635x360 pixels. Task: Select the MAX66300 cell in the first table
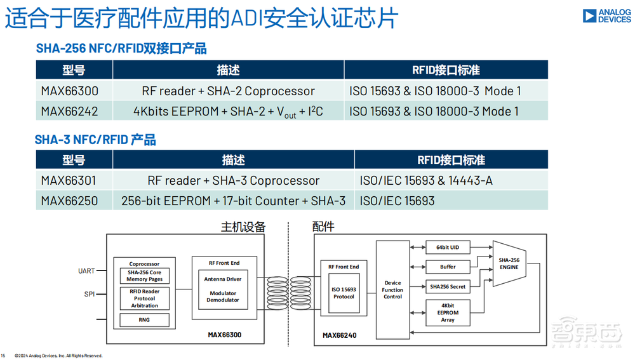tap(70, 91)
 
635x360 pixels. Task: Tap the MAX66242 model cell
tap(70, 111)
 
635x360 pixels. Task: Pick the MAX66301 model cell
tap(70, 180)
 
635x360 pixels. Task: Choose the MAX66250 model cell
tap(70, 201)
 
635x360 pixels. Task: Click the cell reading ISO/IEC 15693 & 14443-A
tap(426, 180)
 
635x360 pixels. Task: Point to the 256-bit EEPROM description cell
tap(233, 201)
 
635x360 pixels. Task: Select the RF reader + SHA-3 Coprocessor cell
tap(233, 180)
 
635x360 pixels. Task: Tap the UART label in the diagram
tap(86, 271)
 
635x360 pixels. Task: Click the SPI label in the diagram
tap(89, 295)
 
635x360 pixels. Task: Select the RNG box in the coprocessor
tap(144, 320)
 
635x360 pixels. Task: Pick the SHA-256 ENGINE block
tap(509, 263)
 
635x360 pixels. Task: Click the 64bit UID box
tap(448, 246)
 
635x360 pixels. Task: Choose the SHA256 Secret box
tap(448, 286)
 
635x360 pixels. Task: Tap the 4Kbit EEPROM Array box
tap(448, 312)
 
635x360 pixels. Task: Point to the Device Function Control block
tap(392, 290)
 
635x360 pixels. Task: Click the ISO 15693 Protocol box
tap(344, 293)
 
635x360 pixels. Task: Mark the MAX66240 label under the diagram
tap(340, 335)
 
